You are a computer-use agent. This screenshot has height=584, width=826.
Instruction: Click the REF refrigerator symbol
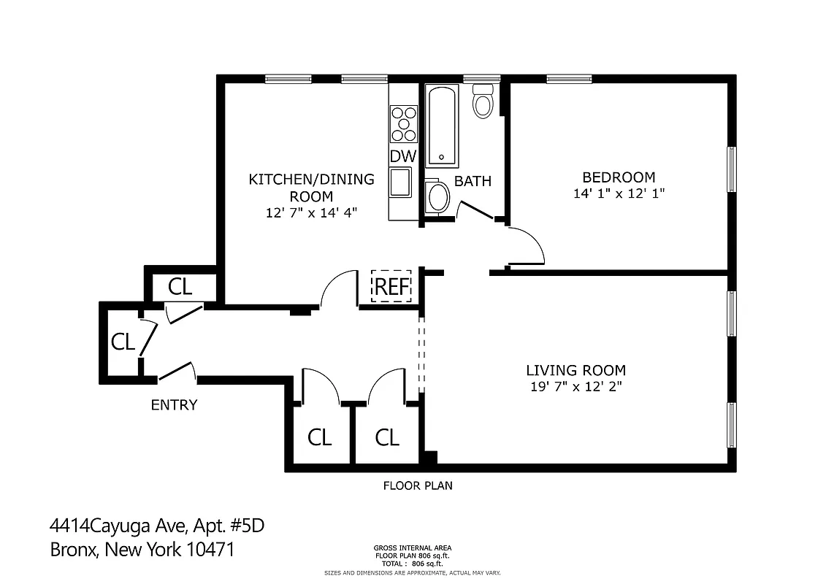coord(391,285)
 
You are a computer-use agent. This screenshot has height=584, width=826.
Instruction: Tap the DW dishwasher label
coord(402,155)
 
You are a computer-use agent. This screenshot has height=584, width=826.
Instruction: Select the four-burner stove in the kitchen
coord(403,123)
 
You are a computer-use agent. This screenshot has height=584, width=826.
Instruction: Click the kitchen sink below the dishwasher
coord(400,182)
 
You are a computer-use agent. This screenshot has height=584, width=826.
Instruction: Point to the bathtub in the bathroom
coord(442,126)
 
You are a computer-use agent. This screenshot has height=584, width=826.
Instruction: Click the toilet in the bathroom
coord(483,101)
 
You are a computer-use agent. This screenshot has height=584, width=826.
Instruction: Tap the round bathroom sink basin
coord(438,196)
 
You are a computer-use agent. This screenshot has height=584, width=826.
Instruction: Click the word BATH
coord(473,181)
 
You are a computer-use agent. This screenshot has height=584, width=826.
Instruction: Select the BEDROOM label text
coord(618,177)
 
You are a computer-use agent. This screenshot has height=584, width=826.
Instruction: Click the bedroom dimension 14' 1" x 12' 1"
coord(619,193)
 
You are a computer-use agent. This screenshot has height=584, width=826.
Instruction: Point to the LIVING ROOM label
coord(576,370)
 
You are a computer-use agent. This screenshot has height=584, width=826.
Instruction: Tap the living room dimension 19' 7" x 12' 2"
coord(576,387)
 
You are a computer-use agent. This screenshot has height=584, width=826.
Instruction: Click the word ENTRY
coord(174,404)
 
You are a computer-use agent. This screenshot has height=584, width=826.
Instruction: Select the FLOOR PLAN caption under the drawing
coord(418,485)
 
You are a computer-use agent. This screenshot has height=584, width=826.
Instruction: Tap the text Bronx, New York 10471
coord(142,549)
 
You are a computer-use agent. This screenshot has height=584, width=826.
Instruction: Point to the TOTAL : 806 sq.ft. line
coord(413,564)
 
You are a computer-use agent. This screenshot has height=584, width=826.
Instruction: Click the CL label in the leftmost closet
coord(123,342)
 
